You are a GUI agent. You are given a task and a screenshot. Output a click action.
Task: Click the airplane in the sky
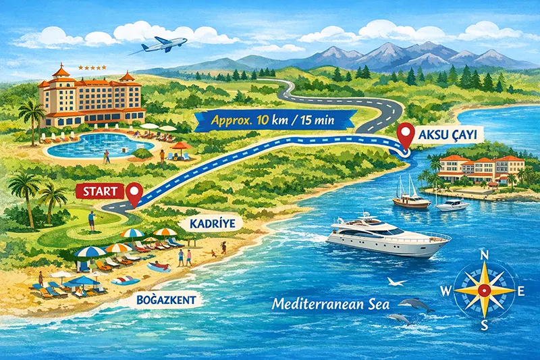coord(164,45)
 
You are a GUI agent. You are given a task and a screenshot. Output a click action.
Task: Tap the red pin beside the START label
coord(134,195)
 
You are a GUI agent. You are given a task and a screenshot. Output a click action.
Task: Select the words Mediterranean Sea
coord(331,304)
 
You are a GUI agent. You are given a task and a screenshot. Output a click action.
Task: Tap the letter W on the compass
coord(446,291)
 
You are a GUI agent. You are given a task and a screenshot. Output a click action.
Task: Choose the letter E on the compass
coord(521,291)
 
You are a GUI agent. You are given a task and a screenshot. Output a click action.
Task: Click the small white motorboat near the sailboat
coord(452,204)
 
